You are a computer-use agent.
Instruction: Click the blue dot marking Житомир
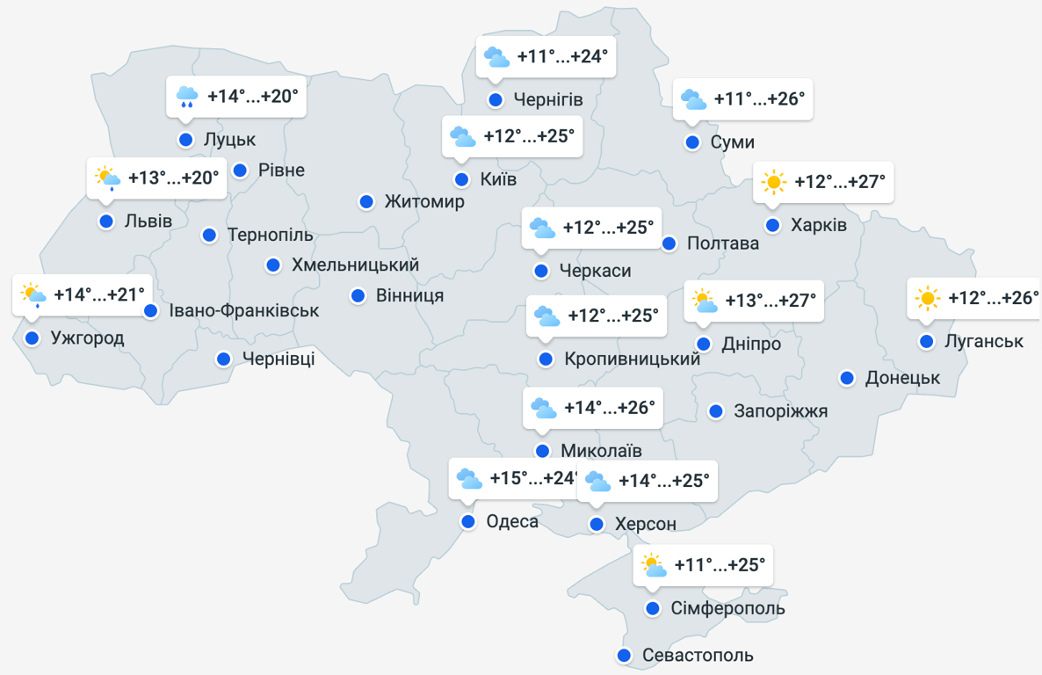coord(366,202)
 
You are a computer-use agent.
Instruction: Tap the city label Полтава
coord(723,243)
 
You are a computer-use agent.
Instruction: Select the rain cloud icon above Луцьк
coord(186,97)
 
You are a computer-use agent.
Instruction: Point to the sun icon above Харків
coord(773,182)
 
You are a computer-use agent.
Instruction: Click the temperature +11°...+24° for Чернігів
coord(562,57)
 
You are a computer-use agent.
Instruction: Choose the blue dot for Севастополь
coord(624,656)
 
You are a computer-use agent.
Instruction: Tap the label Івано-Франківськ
coord(244,310)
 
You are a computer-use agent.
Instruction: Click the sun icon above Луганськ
coord(927,298)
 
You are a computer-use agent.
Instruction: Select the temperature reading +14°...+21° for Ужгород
coord(99,294)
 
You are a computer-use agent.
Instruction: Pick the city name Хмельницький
coord(355,265)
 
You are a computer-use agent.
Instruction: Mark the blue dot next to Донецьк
coord(847,378)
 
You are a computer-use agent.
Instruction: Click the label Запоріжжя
coord(780,410)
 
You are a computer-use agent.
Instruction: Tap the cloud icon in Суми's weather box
coord(693,99)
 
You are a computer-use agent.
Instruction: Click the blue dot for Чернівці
coord(224,359)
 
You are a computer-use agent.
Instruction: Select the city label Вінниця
coord(409,295)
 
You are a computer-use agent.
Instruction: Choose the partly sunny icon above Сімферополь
coord(653,564)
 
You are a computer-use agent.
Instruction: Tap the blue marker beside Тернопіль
coord(209,235)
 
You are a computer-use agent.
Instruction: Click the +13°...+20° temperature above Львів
coord(173,178)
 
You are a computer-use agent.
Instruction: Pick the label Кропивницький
coord(633,359)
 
